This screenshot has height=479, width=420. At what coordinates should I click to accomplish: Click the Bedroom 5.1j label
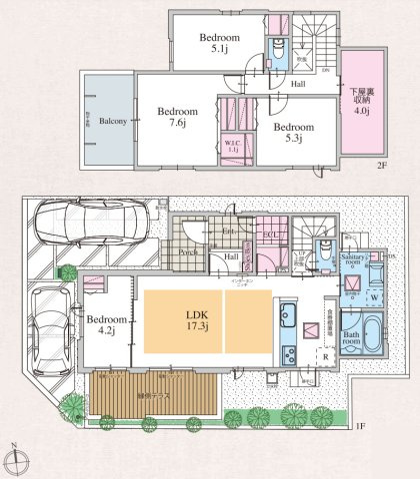(215, 43)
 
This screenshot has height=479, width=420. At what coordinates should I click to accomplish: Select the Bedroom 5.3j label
(294, 134)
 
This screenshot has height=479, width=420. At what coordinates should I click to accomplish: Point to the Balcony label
(112, 121)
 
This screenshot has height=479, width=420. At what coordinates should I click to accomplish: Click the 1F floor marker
(360, 427)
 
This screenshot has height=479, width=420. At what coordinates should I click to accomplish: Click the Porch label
(187, 252)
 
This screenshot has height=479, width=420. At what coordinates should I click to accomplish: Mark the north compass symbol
(18, 460)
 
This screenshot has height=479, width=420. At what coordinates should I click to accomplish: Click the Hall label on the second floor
(297, 85)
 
